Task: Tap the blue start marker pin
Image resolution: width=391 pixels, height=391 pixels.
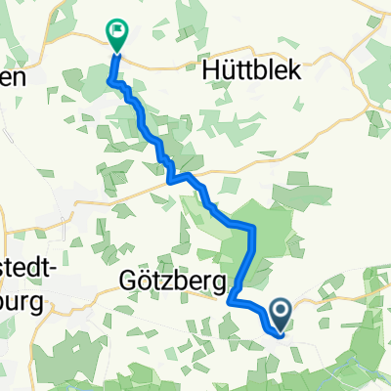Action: (x=281, y=313)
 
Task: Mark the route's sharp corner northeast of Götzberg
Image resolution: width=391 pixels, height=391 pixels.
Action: (x=252, y=227)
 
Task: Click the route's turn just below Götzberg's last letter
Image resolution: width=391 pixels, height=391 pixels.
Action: (x=233, y=302)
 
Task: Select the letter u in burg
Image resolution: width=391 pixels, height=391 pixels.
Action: (x=15, y=303)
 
